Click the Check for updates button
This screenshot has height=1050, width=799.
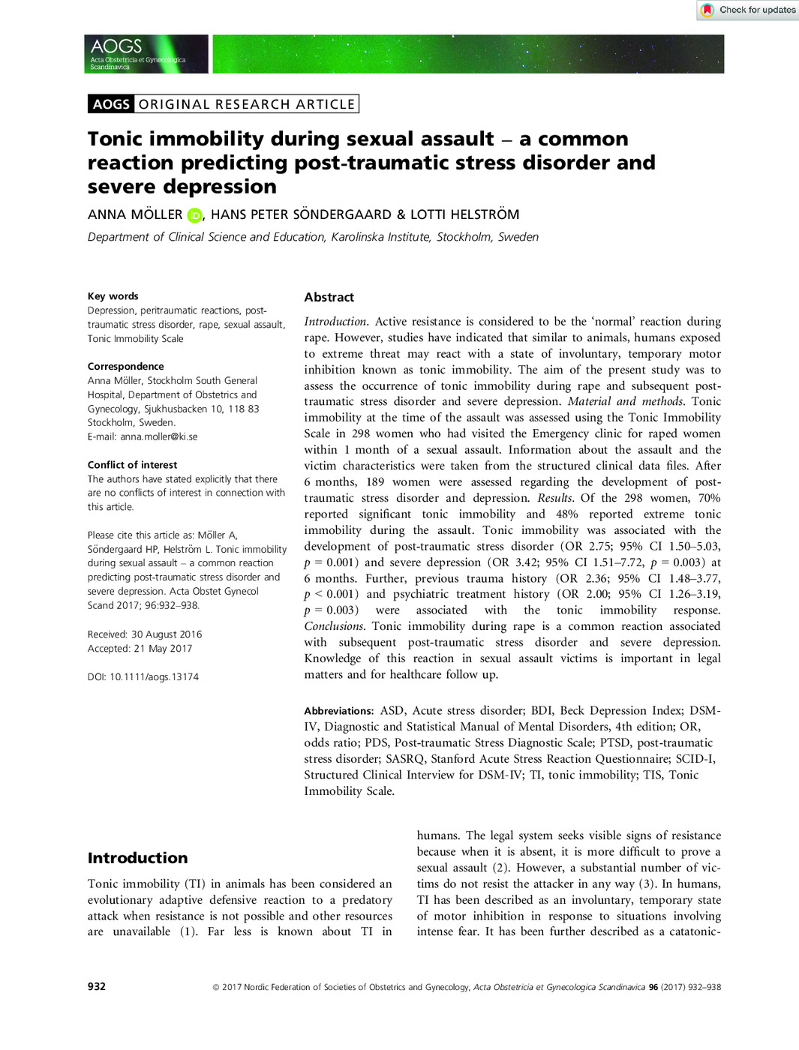(748, 10)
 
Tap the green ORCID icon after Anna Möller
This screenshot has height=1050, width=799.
(194, 215)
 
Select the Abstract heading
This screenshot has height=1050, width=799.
(329, 298)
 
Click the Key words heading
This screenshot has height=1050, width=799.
(113, 296)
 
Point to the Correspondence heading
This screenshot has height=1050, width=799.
(125, 367)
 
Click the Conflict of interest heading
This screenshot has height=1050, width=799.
(132, 465)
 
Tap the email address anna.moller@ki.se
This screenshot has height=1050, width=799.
(159, 436)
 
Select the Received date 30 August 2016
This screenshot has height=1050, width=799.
(167, 634)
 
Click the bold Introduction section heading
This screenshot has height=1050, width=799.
(137, 858)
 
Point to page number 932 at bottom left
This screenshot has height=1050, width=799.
(96, 987)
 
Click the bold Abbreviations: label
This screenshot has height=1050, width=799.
(338, 711)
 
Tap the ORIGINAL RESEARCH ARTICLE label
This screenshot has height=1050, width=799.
(246, 104)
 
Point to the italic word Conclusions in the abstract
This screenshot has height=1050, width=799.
(333, 626)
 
